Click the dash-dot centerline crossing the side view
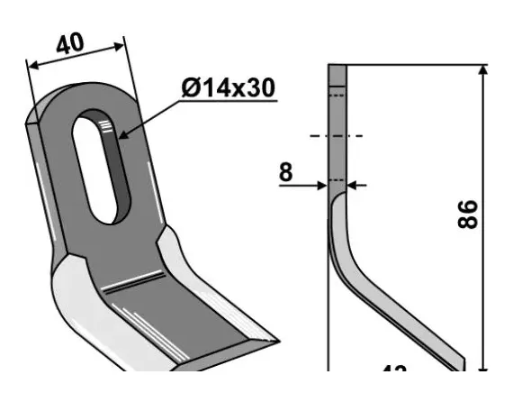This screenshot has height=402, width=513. pos(336,136)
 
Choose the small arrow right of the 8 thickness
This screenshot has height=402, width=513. pos(352,186)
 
